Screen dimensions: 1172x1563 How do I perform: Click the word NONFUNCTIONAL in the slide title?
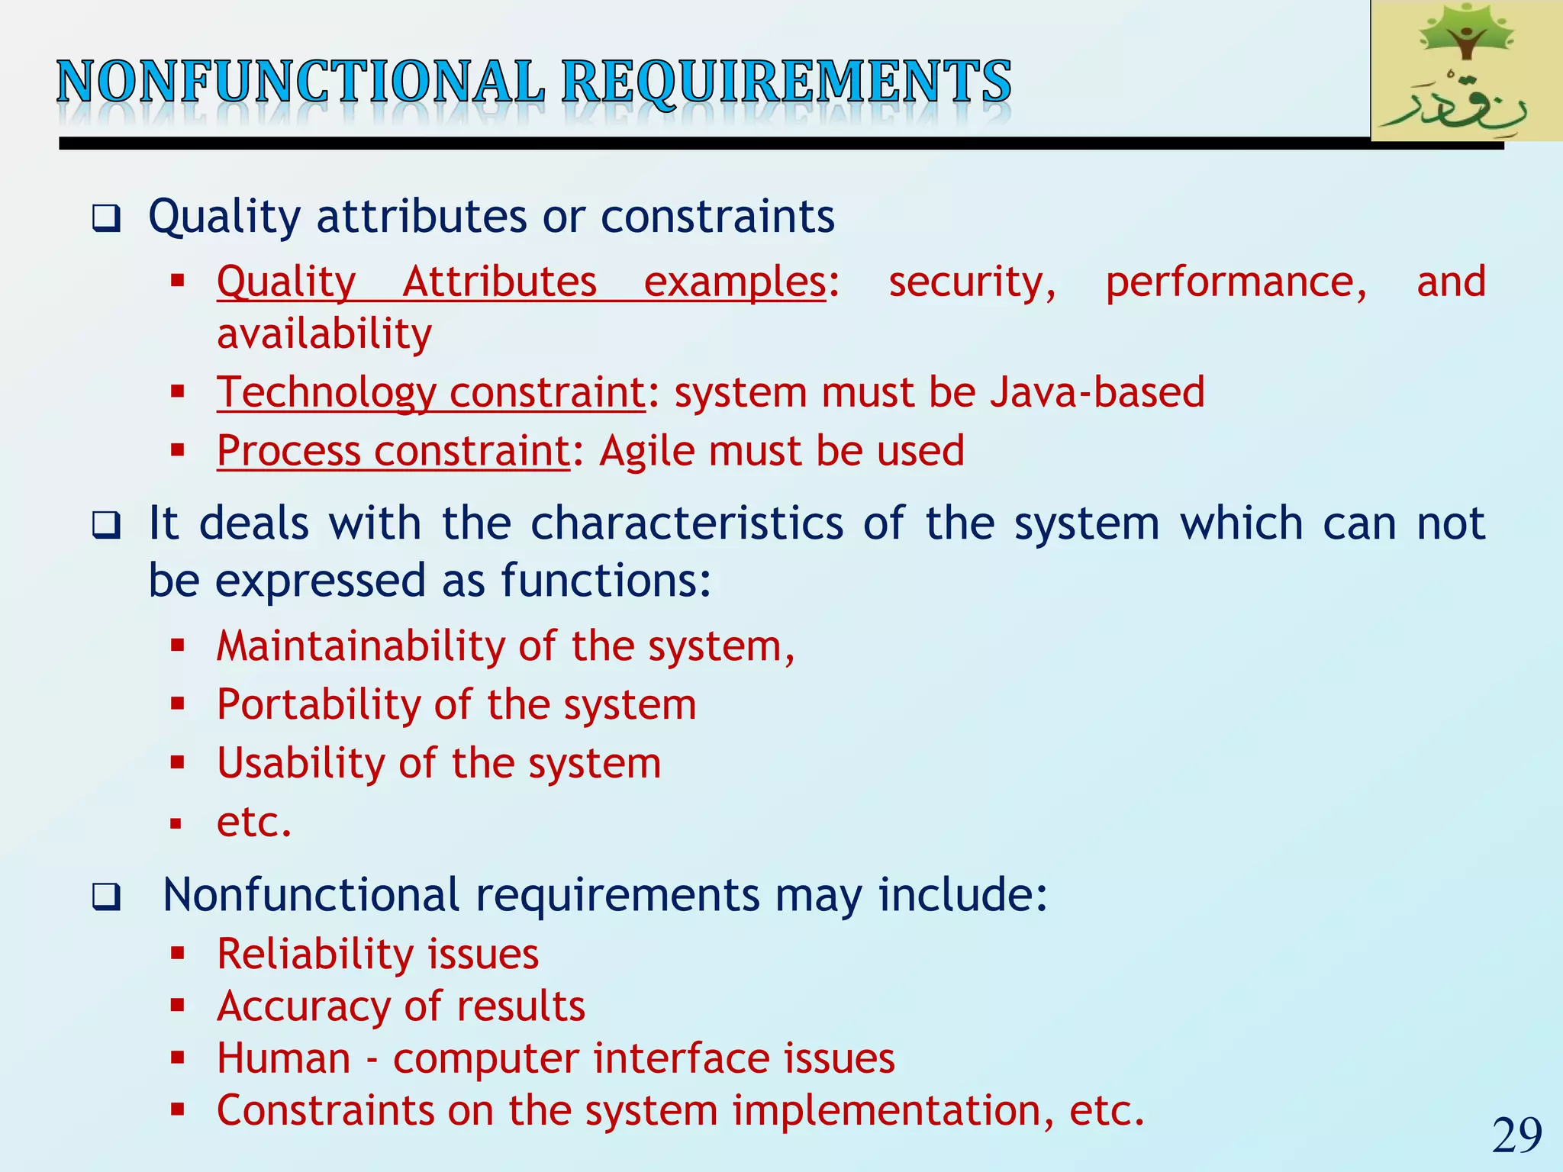pyautogui.click(x=301, y=82)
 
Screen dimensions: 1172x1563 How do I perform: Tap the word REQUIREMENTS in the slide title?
pyautogui.click(x=786, y=82)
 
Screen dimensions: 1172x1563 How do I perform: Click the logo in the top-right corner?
pyautogui.click(x=1465, y=70)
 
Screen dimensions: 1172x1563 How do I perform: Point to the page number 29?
pyautogui.click(x=1516, y=1135)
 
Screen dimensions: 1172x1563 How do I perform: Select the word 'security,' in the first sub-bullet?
pyautogui.click(x=972, y=282)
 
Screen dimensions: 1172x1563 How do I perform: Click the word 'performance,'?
pyautogui.click(x=1236, y=282)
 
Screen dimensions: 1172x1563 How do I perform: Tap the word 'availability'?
pyautogui.click(x=324, y=334)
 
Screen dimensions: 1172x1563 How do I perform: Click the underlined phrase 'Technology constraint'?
pyautogui.click(x=431, y=392)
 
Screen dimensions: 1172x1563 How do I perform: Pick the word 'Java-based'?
pyautogui.click(x=1097, y=392)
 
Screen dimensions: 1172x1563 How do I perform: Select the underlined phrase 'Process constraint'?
pyautogui.click(x=393, y=451)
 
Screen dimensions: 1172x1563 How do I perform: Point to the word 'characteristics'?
pyautogui.click(x=687, y=523)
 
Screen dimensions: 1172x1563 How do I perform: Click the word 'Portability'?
pyautogui.click(x=318, y=704)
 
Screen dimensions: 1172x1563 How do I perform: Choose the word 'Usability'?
pyautogui.click(x=301, y=763)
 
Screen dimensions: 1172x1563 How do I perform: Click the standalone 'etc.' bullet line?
pyautogui.click(x=254, y=823)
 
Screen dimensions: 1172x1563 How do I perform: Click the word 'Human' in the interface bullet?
pyautogui.click(x=283, y=1059)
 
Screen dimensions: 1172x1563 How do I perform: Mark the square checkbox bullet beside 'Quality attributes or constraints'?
pyautogui.click(x=106, y=219)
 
